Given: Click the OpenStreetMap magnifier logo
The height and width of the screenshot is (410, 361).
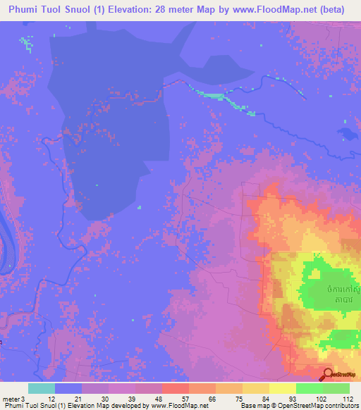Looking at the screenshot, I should pos(328,374).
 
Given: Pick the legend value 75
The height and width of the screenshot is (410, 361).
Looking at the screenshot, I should pos(230,399).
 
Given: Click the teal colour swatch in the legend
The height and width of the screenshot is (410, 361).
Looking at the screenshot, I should pos(42,388).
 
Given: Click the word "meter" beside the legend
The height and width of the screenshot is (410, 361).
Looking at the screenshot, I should pos(12,399).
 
